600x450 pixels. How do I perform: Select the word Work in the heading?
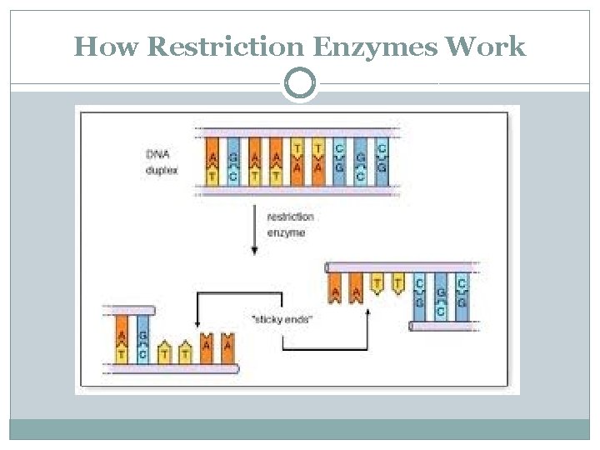[x=486, y=47]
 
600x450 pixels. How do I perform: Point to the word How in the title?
[x=107, y=47]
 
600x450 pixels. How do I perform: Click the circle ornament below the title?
[x=300, y=84]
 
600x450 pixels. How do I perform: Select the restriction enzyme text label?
[x=290, y=225]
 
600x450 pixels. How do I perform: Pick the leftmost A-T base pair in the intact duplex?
[x=213, y=160]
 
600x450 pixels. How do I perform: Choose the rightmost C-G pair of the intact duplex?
[x=381, y=160]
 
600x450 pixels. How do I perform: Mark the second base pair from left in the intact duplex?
[x=234, y=160]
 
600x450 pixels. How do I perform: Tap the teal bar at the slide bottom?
[x=300, y=429]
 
